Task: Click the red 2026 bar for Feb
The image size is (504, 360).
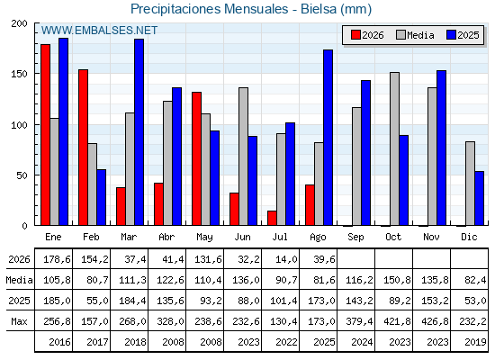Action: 83,148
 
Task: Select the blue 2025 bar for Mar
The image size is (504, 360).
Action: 139,132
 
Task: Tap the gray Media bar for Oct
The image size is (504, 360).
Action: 394,148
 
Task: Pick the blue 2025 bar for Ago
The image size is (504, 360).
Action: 328,138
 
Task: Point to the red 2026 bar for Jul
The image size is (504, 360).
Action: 272,218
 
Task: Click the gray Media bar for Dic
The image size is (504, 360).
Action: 470,184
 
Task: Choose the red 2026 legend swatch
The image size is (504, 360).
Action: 355,35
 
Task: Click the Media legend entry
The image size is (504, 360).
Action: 415,35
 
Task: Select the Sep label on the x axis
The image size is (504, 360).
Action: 355,238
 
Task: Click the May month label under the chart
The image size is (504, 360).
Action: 204,238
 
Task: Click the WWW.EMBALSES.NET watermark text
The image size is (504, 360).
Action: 99,31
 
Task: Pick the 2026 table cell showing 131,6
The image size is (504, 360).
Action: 208,259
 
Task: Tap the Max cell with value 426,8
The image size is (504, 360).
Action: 435,321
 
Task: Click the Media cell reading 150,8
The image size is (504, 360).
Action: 397,280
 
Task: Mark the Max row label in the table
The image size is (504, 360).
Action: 19,321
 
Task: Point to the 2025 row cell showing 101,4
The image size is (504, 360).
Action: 283,301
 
